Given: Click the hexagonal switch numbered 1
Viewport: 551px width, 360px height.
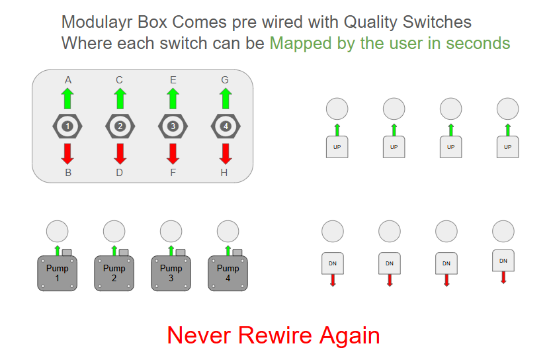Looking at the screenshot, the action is click(67, 126).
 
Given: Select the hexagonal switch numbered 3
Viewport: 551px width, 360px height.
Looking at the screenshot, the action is click(173, 126).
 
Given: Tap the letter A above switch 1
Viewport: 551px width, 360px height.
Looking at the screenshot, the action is click(68, 80).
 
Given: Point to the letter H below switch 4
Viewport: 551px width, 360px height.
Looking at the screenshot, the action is click(224, 173).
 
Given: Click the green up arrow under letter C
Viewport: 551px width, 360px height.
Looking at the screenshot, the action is click(120, 99).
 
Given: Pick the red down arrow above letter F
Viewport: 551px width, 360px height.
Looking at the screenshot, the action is click(173, 154).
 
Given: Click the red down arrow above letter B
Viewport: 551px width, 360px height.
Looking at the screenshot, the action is click(67, 154).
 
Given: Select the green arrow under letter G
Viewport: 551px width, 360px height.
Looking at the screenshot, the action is click(226, 99).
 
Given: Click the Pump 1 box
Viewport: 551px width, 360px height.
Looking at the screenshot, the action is click(58, 273).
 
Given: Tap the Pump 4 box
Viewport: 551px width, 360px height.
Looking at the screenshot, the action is click(228, 273).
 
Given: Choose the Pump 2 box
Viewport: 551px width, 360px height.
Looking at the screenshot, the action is click(114, 273).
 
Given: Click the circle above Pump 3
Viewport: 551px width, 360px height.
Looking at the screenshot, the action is click(171, 232).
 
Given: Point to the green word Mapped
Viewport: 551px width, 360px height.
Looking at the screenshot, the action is click(300, 44).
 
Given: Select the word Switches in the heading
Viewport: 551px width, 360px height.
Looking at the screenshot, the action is click(437, 22).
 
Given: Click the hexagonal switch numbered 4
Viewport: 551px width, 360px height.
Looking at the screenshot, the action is click(226, 126).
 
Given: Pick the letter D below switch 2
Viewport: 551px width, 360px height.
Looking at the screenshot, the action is click(120, 173).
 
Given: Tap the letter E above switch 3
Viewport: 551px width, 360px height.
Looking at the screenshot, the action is click(173, 80).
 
